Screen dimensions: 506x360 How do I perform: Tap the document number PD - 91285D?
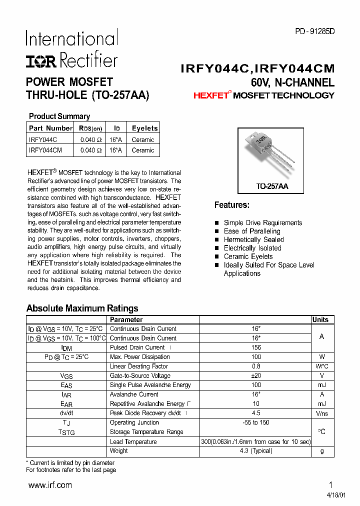[x=314, y=31]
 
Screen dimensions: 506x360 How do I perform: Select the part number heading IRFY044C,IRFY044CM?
[x=257, y=68]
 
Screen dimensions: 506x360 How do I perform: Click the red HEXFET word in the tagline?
[x=210, y=95]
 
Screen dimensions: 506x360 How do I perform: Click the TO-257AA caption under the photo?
[x=272, y=186]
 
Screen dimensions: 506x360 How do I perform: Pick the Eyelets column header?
[x=144, y=128]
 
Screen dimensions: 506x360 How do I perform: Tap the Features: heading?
[x=231, y=205]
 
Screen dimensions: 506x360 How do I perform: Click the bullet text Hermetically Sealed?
[x=253, y=239]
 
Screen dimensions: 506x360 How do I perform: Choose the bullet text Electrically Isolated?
[x=252, y=248]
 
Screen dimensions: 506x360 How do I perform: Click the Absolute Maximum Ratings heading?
[x=82, y=308]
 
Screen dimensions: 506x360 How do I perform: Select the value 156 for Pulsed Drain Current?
[x=255, y=347]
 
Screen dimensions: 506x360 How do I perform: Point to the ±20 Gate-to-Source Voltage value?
[x=255, y=375]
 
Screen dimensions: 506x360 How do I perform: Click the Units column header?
[x=320, y=320]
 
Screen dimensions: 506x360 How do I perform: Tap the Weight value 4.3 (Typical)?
[x=255, y=450]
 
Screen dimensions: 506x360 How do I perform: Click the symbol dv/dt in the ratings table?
[x=66, y=413]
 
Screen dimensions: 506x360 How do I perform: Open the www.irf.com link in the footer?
[x=50, y=485]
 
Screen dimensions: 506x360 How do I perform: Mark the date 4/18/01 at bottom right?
[x=322, y=495]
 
